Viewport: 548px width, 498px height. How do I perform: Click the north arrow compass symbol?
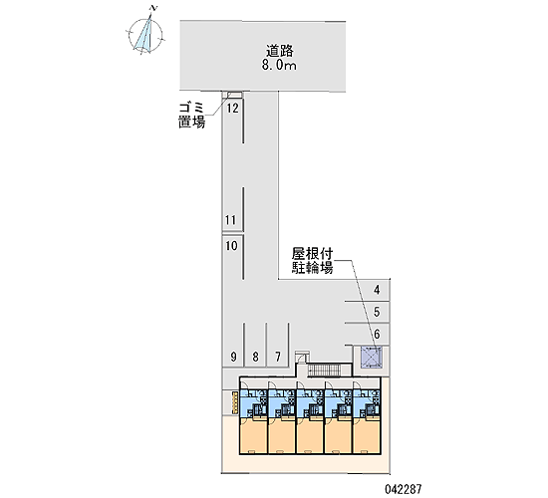[x=145, y=35]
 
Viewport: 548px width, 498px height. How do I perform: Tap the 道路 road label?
[x=279, y=52]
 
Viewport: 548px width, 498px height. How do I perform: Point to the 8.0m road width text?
[x=279, y=66]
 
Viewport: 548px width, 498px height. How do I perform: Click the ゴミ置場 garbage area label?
[x=191, y=116]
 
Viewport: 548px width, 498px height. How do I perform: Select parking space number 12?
[x=232, y=109]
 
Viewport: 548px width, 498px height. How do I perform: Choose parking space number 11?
[x=231, y=220]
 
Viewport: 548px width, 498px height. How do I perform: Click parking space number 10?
[x=231, y=246]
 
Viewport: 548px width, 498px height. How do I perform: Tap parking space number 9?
[x=233, y=357]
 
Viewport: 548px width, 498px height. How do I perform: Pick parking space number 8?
[x=255, y=357]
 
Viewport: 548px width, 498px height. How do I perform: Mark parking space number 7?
[x=278, y=357]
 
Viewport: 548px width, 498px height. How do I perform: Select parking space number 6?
[x=377, y=334]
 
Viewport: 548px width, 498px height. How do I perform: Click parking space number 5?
[x=377, y=312]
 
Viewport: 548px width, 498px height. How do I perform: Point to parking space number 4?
[x=377, y=290]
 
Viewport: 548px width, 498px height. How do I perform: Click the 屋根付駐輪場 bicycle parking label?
[x=312, y=261]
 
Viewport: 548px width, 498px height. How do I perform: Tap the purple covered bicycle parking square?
[x=372, y=358]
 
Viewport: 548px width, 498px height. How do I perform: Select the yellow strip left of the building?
[x=235, y=403]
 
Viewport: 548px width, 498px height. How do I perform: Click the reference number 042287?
[x=404, y=489]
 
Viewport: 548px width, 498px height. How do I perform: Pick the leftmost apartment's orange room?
[x=253, y=436]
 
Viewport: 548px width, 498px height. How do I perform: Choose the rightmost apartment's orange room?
[x=367, y=436]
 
